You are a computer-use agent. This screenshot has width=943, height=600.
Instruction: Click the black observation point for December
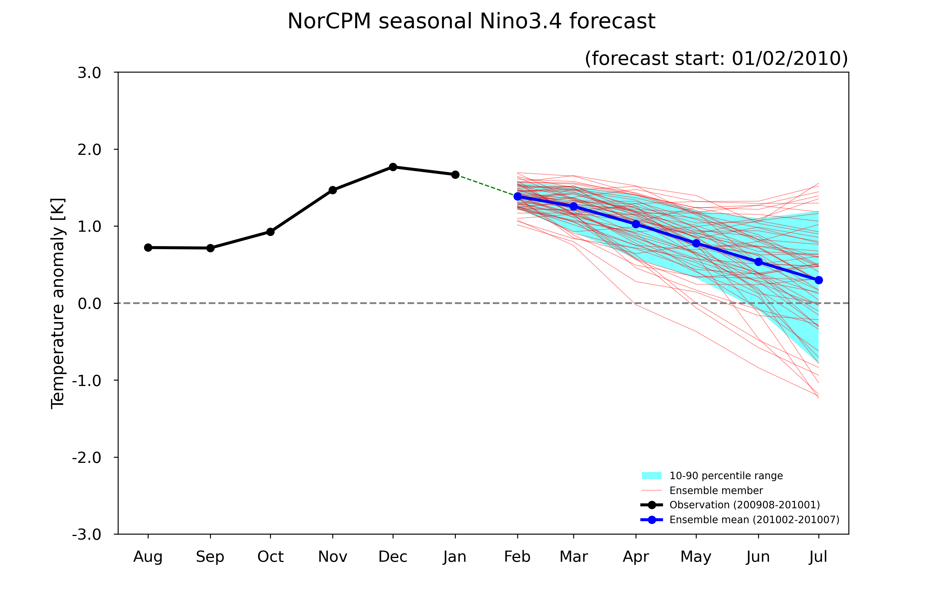[393, 167]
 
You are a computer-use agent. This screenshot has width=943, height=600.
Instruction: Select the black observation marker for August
[148, 247]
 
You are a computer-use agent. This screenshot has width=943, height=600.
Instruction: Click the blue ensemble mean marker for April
[636, 224]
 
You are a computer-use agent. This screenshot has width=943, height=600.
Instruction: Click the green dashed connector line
[486, 186]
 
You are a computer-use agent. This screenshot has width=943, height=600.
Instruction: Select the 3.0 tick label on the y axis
[89, 73]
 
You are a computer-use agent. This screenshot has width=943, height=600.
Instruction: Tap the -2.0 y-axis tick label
[87, 457]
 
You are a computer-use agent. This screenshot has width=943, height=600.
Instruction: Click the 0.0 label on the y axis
[89, 303]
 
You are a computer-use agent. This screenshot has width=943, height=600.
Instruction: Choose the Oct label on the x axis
[270, 557]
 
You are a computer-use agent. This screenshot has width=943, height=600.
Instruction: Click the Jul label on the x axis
[818, 557]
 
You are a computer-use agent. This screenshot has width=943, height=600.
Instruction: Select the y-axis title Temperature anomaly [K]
[58, 303]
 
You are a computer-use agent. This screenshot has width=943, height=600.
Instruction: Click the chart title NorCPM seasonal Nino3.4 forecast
[471, 21]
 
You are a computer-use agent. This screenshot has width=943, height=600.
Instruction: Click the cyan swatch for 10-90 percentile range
[652, 475]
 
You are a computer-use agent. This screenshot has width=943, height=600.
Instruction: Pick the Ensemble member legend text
[716, 490]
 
